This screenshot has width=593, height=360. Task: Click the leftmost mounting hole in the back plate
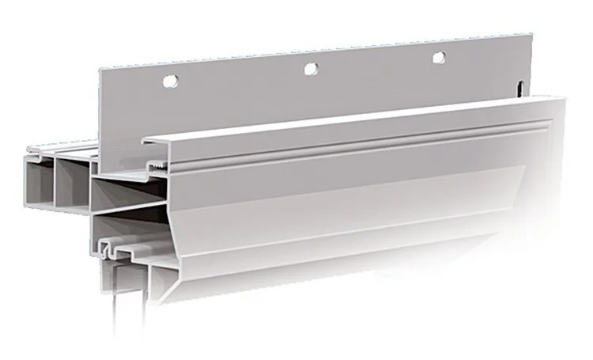168,80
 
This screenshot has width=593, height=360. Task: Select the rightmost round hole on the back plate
438,57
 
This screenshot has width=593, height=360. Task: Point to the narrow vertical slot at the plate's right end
520,89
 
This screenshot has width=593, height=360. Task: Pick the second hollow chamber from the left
72,185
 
